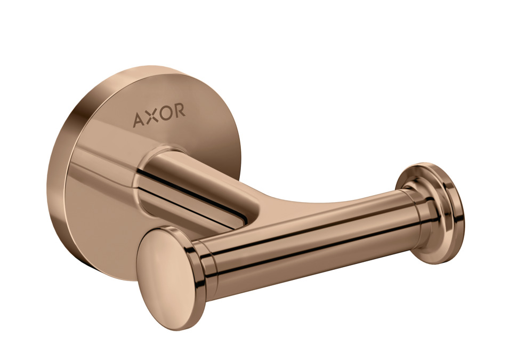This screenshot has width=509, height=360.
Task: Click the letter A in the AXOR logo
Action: pos(139,119)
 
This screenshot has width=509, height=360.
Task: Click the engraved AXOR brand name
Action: pos(159,115)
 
